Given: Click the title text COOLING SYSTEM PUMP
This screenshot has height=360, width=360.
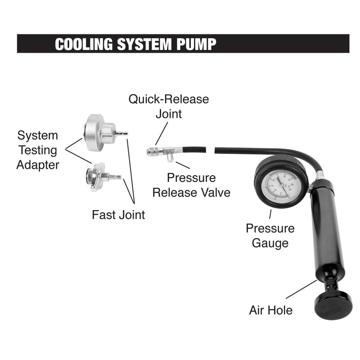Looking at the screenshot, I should pos(135,44).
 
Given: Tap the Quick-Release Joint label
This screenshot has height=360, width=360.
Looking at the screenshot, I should pos(169,106).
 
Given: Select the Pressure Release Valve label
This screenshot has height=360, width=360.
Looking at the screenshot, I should pos(191,185).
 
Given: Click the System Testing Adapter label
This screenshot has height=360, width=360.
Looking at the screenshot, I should pos(38,150).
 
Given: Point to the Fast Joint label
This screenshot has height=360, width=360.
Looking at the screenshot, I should pos(118,215).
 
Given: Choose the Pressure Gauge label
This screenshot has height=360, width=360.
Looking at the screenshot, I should pos(270,236).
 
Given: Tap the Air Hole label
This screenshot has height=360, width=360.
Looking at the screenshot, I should pos(271,310).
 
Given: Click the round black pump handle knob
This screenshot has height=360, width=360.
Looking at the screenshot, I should pos(333,304).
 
